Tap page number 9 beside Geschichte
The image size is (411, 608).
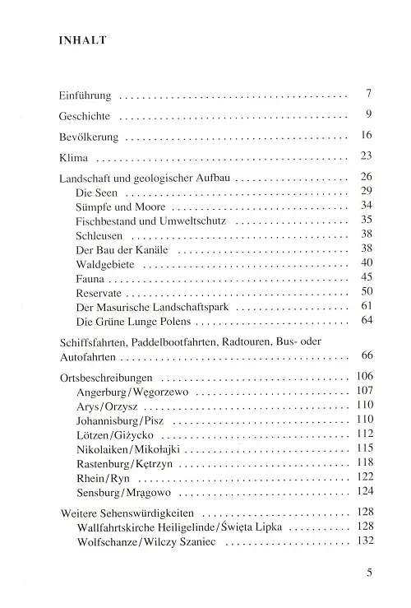[x=370, y=114]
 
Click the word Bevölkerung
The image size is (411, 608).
[x=90, y=135]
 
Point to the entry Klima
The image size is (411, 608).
[x=73, y=156]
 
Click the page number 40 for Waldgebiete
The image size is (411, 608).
[x=367, y=262]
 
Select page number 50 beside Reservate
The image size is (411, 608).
[x=367, y=291]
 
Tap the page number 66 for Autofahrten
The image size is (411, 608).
[x=367, y=355]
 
